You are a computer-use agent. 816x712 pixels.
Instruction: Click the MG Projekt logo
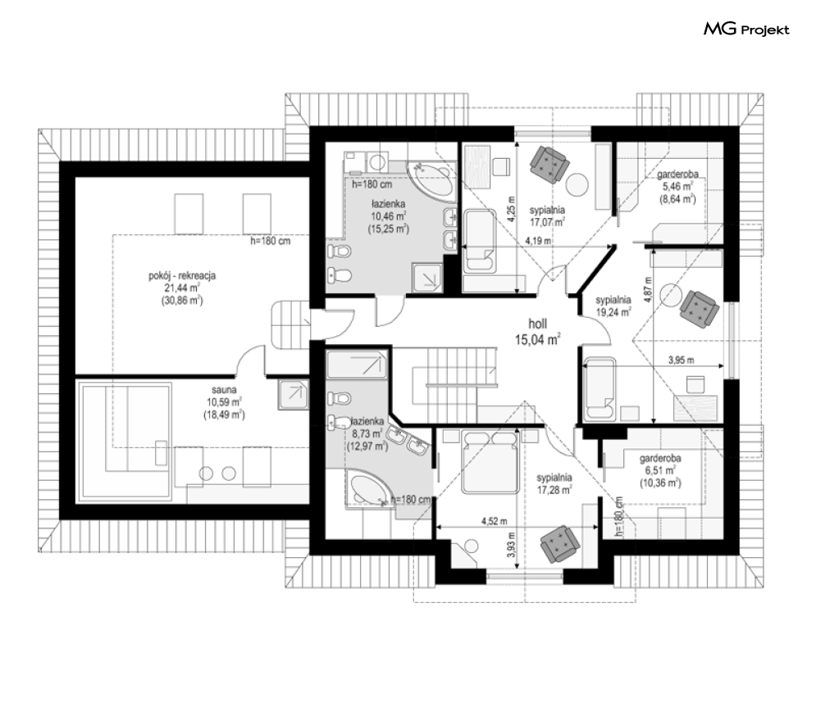(x=746, y=29)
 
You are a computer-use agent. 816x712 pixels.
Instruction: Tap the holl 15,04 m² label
(x=538, y=332)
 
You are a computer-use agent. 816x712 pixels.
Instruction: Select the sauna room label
(x=224, y=402)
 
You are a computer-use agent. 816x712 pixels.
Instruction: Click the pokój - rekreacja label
(x=182, y=288)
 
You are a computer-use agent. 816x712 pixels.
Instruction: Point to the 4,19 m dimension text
(x=538, y=241)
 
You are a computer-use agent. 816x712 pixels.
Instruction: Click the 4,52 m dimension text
(x=492, y=521)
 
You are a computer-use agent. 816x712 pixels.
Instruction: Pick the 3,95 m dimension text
(x=682, y=360)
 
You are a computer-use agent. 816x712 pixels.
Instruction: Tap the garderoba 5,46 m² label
(x=677, y=186)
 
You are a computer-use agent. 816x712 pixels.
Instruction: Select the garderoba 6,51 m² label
(x=660, y=470)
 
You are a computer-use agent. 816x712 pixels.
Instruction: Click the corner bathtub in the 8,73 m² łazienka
(x=368, y=488)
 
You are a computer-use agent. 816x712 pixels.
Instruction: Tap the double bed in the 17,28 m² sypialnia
(x=490, y=462)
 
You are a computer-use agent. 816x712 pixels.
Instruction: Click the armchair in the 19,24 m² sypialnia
(x=700, y=309)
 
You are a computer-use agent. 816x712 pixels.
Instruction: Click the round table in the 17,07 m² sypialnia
(x=577, y=184)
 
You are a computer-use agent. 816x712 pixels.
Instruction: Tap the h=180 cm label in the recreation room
(x=270, y=241)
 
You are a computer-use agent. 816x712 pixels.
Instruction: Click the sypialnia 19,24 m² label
(x=613, y=306)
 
